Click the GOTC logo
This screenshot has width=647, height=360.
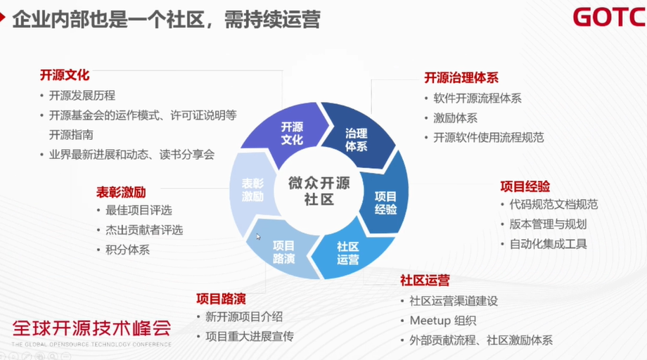pos(608,17)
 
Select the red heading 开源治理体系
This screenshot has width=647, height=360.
pos(461,78)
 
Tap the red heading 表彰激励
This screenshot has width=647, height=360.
pos(121,191)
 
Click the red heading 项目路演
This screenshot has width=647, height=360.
pos(221,298)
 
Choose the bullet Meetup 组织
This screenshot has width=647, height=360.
pos(443,321)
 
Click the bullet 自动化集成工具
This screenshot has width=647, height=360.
pos(549,244)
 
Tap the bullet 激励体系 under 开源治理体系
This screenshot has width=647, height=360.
pos(455,118)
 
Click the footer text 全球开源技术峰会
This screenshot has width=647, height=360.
pos(91,328)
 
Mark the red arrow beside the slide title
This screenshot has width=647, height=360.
pos(4,17)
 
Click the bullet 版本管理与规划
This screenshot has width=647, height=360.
pos(548,224)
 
